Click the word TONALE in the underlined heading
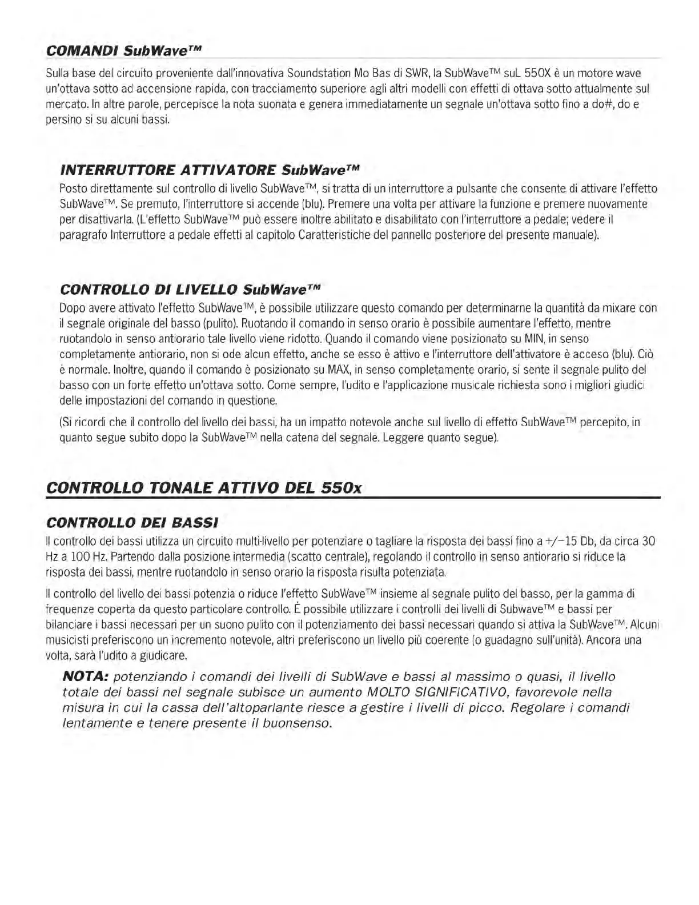178,488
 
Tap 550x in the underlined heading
341,488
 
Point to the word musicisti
66,640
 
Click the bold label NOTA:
85,677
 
